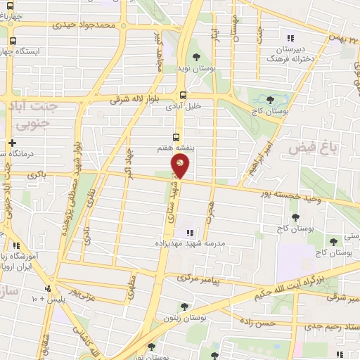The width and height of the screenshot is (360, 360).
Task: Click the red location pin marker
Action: (179, 165)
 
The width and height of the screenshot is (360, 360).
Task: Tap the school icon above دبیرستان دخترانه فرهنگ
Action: (288, 38)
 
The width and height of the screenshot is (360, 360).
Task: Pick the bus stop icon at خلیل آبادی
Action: (183, 96)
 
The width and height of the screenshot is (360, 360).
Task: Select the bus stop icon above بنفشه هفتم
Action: (176, 138)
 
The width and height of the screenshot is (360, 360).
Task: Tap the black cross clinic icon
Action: (13, 143)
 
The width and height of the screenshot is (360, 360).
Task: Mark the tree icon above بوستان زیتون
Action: (184, 306)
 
